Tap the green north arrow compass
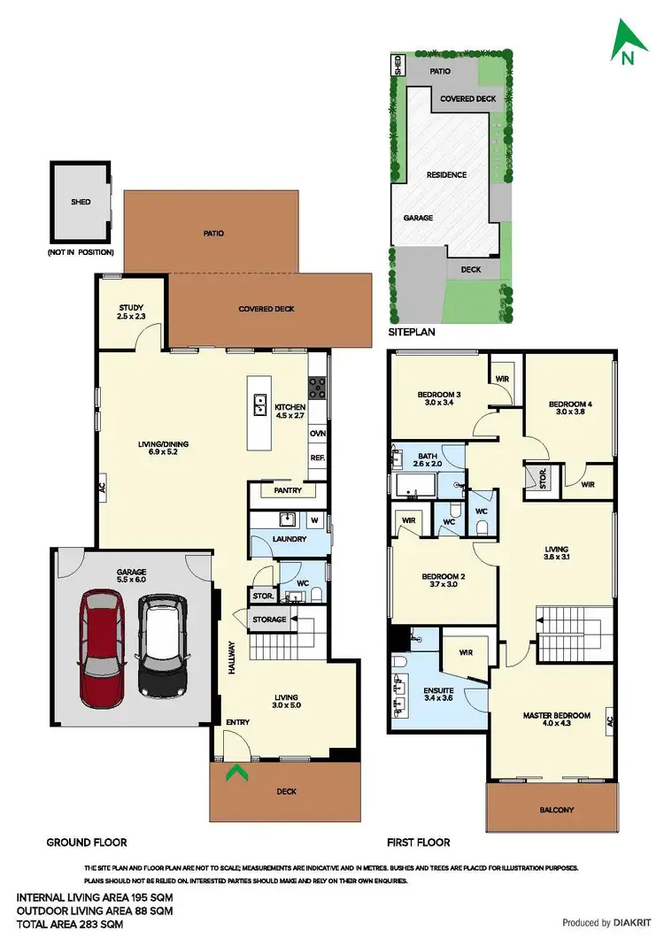point(628,45)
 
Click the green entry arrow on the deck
point(235,775)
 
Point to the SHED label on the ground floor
point(81,202)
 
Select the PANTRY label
point(289,490)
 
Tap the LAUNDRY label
point(290,538)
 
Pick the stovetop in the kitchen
point(317,387)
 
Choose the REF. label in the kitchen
point(317,458)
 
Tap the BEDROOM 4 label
point(569,404)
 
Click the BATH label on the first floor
point(426,456)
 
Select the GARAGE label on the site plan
point(418,217)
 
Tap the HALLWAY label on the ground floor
point(231,658)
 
